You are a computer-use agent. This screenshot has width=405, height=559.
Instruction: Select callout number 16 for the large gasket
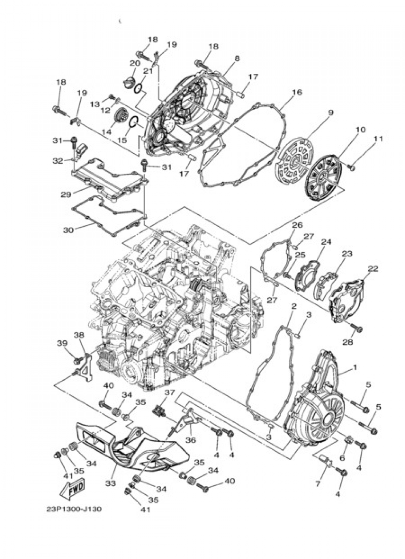click(x=296, y=92)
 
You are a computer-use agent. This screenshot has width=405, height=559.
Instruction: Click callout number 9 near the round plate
click(x=330, y=113)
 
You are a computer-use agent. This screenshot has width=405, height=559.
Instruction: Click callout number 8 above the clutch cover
click(x=237, y=58)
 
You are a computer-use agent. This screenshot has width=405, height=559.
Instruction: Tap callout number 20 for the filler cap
click(x=135, y=63)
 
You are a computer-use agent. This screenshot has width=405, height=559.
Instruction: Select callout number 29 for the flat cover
click(x=66, y=194)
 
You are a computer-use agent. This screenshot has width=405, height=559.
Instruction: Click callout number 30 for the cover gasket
click(x=68, y=230)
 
